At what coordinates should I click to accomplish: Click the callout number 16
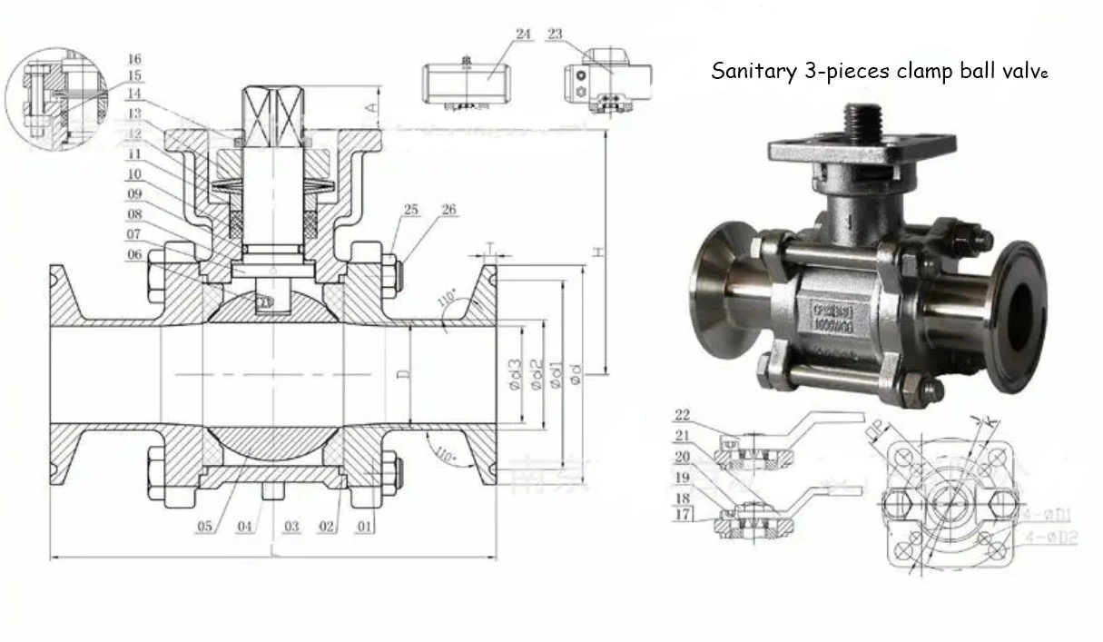(x=134, y=59)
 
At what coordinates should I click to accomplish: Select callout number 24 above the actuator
(x=523, y=34)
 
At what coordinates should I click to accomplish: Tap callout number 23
(x=556, y=34)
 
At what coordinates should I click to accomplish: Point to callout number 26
(x=448, y=210)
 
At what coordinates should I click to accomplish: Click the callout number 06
(x=134, y=255)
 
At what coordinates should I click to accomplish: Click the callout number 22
(x=684, y=415)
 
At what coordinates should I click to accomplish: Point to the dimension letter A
(x=370, y=106)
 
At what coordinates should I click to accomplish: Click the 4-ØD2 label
(x=1053, y=538)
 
